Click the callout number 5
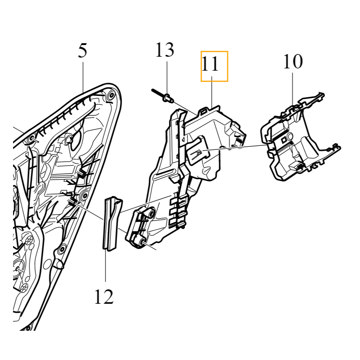[x=82, y=51]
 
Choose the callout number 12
[x=104, y=297]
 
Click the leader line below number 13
[x=167, y=76]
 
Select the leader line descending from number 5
[x=84, y=72]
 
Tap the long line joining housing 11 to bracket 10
[x=234, y=147]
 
